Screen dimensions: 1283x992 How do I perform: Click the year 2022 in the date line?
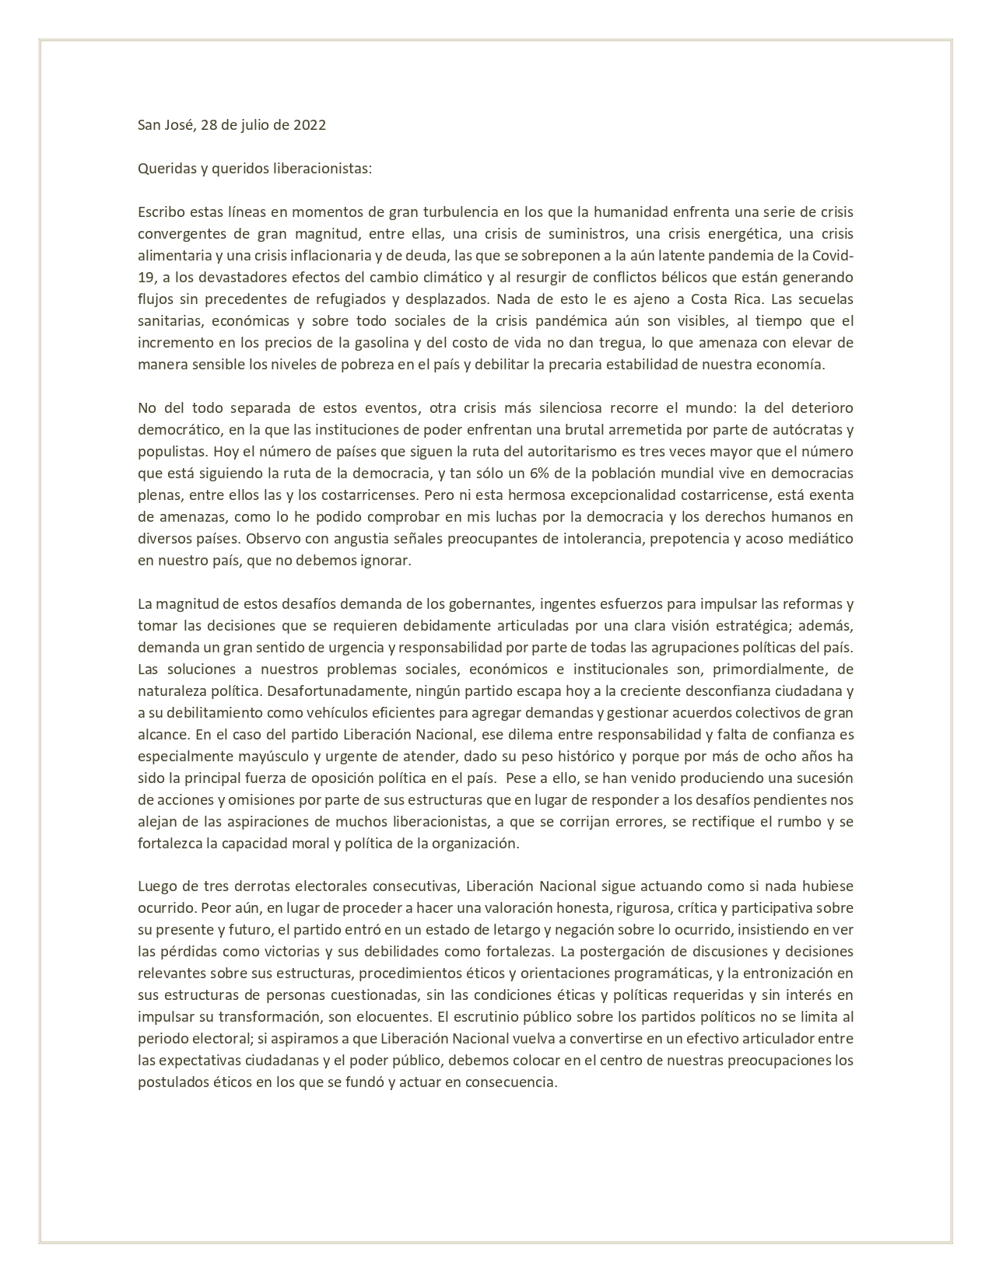(x=309, y=125)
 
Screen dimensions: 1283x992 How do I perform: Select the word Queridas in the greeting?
(x=165, y=169)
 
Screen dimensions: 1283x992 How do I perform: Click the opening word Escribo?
(x=160, y=212)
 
